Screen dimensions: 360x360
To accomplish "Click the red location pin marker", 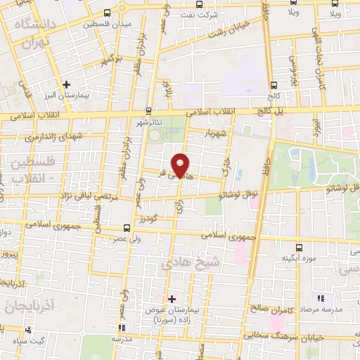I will pos(181,165).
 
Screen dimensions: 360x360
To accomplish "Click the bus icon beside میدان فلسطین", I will pos(107,13).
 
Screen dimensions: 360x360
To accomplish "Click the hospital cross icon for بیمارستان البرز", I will pos(66,84).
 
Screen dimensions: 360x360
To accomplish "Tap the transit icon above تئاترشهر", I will pos(148,111).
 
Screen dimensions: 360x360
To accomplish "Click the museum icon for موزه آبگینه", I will pos(299,247).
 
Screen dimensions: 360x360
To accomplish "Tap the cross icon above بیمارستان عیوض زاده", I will pos(172,299).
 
